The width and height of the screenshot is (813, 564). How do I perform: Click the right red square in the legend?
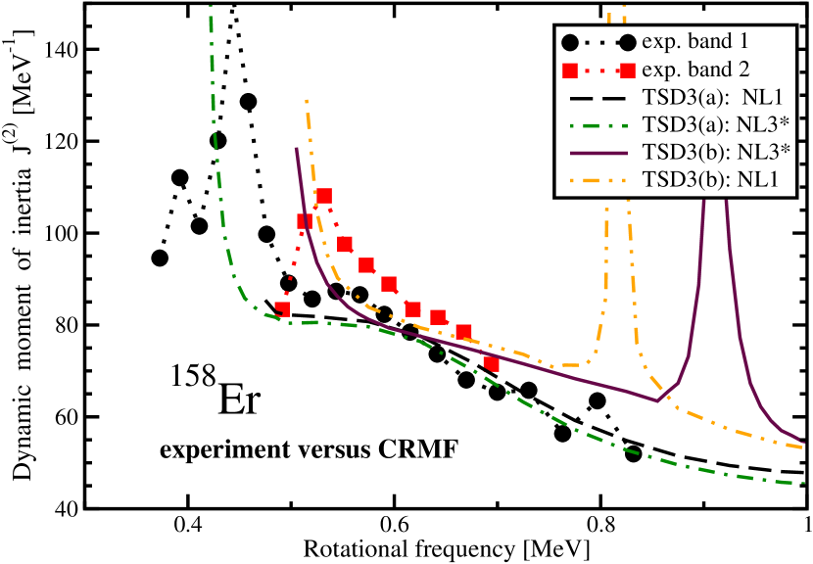pos(627,70)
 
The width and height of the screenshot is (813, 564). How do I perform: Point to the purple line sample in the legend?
pos(598,152)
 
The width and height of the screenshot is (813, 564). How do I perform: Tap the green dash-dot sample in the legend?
pos(598,124)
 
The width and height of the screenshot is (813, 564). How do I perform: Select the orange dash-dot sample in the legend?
pos(598,179)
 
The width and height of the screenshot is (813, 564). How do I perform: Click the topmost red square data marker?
pos(324,196)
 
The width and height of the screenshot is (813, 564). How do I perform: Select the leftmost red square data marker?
pos(282,309)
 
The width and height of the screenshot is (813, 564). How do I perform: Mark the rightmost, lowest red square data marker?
pos(491,363)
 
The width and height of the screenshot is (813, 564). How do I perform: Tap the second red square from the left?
pos(305,220)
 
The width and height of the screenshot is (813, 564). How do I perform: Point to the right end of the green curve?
pos(803,483)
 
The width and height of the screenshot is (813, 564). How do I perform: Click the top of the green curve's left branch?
pos(211,8)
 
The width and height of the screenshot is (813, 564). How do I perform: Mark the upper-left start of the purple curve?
pos(296,148)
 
